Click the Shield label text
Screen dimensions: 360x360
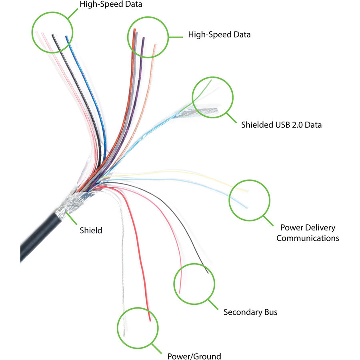[91, 230]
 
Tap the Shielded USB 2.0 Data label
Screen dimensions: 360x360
[281, 125]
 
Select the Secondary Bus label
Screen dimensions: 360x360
[250, 312]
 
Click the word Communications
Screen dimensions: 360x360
[308, 238]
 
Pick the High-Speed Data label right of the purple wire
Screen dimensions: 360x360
[219, 34]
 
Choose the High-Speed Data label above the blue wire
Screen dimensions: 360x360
[111, 5]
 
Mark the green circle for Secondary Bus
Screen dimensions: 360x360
[194, 283]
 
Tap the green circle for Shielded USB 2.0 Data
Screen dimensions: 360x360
[213, 97]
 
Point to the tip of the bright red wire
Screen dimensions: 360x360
[150, 321]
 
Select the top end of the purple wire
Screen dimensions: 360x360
[143, 38]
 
